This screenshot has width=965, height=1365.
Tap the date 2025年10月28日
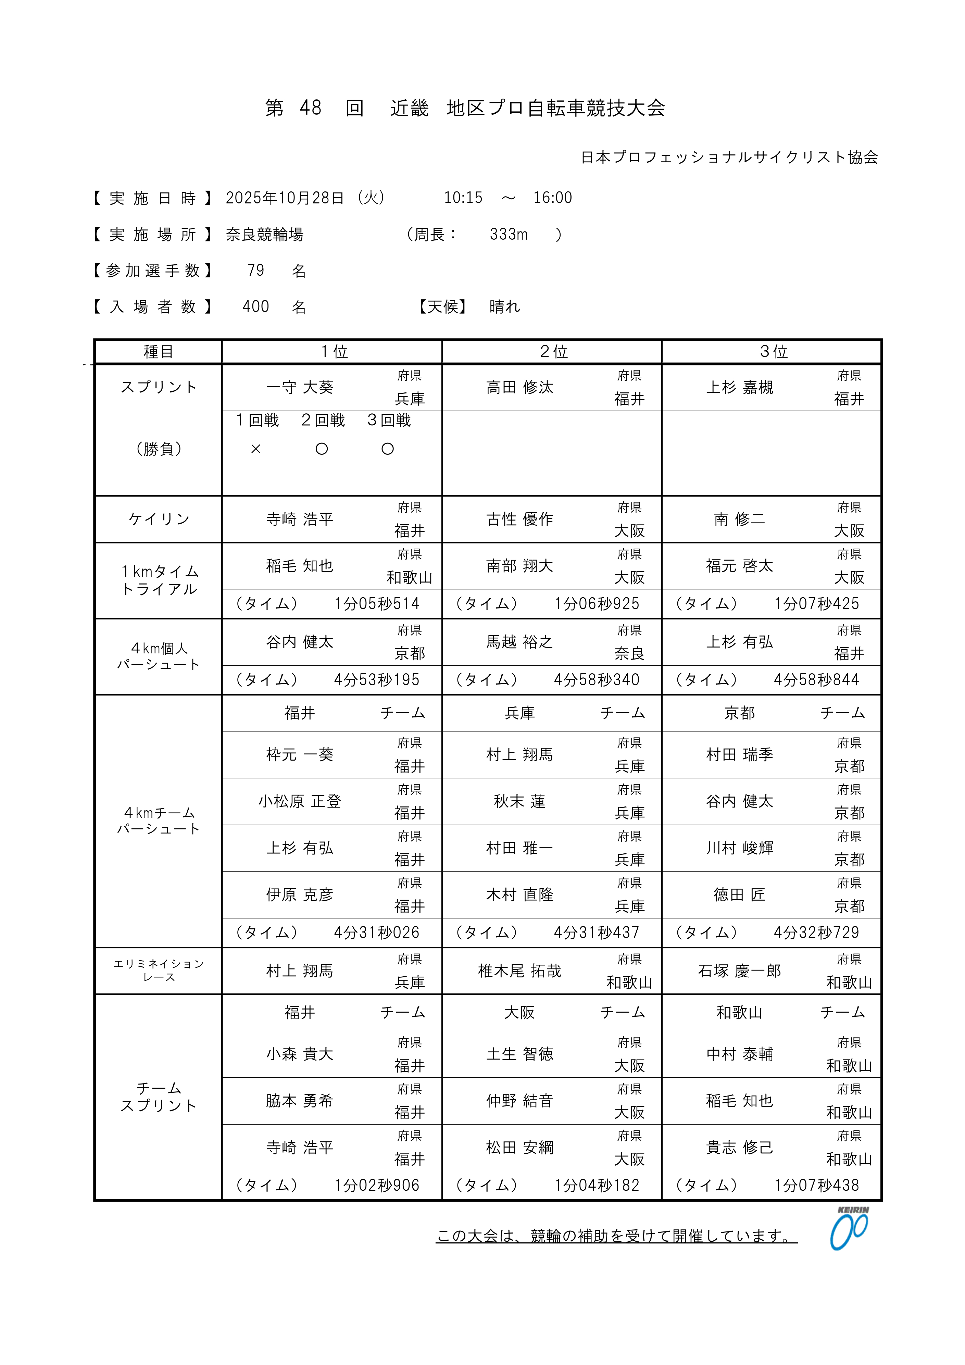[x=285, y=198]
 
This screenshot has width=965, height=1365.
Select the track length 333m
[x=509, y=234]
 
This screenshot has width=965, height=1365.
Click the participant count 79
[x=256, y=271]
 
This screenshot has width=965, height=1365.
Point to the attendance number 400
[x=256, y=307]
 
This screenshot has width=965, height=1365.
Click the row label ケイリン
[x=159, y=519]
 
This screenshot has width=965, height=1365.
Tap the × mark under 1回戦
[x=256, y=449]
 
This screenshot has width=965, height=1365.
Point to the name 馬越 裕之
[x=520, y=642]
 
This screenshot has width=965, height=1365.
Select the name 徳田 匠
[x=740, y=895]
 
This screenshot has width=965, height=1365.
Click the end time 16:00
[x=552, y=198]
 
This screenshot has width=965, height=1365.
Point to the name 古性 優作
[x=520, y=519]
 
